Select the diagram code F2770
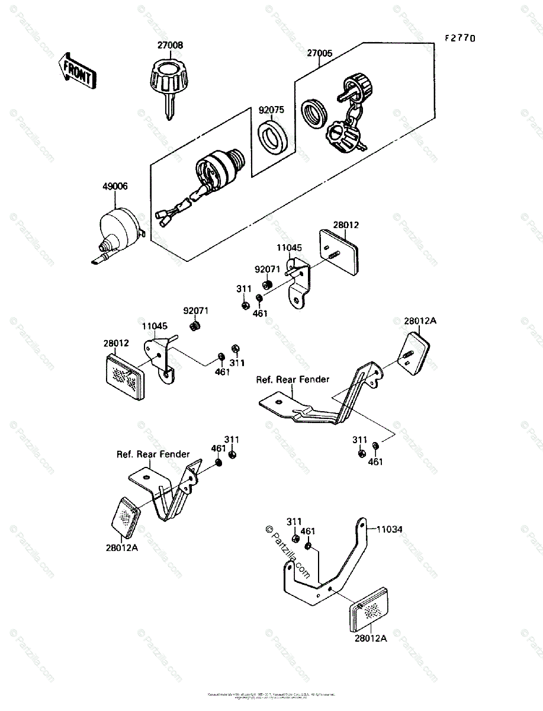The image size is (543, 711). pyautogui.click(x=461, y=39)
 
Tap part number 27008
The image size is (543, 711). pyautogui.click(x=170, y=45)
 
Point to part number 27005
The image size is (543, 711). pyautogui.click(x=319, y=53)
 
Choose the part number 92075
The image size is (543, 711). pyautogui.click(x=271, y=110)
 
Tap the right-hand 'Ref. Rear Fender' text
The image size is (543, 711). pyautogui.click(x=293, y=379)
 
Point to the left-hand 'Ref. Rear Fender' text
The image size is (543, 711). pyautogui.click(x=153, y=454)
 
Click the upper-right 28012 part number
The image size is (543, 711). pyautogui.click(x=346, y=225)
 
